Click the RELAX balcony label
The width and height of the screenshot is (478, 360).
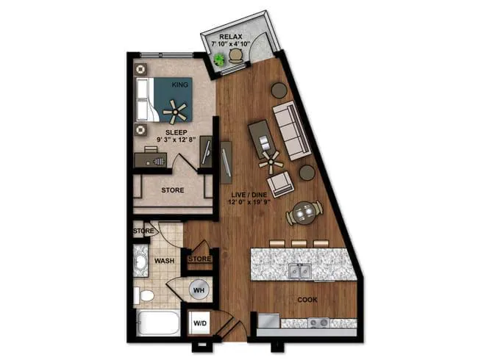(230, 35)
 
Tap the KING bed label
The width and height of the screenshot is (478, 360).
(179, 85)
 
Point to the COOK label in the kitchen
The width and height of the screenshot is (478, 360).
(308, 300)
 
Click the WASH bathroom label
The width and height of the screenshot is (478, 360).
(164, 260)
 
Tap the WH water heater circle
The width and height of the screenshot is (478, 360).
(198, 290)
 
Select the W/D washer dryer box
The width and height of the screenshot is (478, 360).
(200, 323)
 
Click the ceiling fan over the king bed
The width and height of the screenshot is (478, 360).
(175, 111)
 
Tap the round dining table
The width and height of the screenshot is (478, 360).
(303, 214)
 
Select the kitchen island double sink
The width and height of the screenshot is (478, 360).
(299, 271)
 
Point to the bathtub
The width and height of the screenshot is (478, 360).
(157, 325)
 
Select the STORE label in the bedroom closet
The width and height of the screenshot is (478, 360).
(173, 190)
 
